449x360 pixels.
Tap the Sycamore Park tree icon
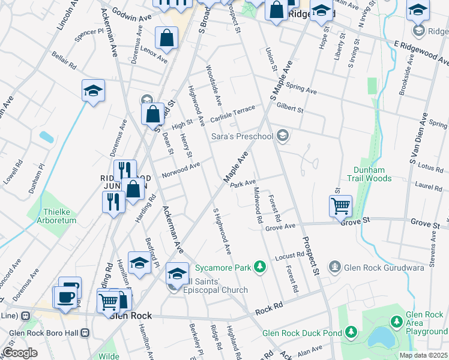click(x=259, y=265)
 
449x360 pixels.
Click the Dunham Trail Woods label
click(x=369, y=174)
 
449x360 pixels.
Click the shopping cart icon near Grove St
click(x=340, y=206)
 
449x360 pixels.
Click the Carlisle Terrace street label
click(x=233, y=114)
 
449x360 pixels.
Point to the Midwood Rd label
click(x=258, y=206)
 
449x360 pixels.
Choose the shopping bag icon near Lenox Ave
click(x=166, y=38)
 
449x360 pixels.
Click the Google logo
click(x=20, y=353)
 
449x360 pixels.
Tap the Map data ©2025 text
click(x=423, y=355)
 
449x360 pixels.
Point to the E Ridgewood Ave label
click(x=421, y=52)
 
